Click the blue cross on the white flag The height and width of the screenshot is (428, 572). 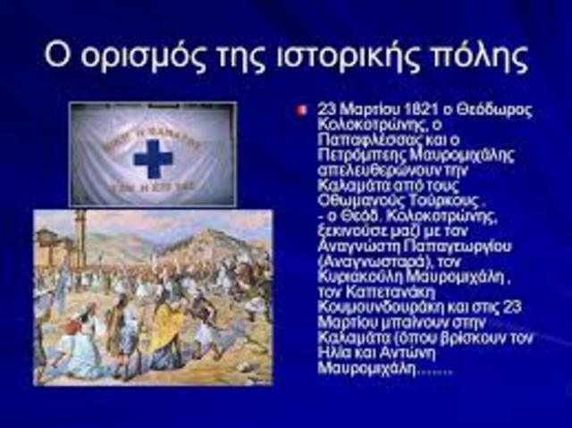pyautogui.click(x=153, y=159)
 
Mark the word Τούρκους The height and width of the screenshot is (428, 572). pyautogui.click(x=428, y=198)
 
